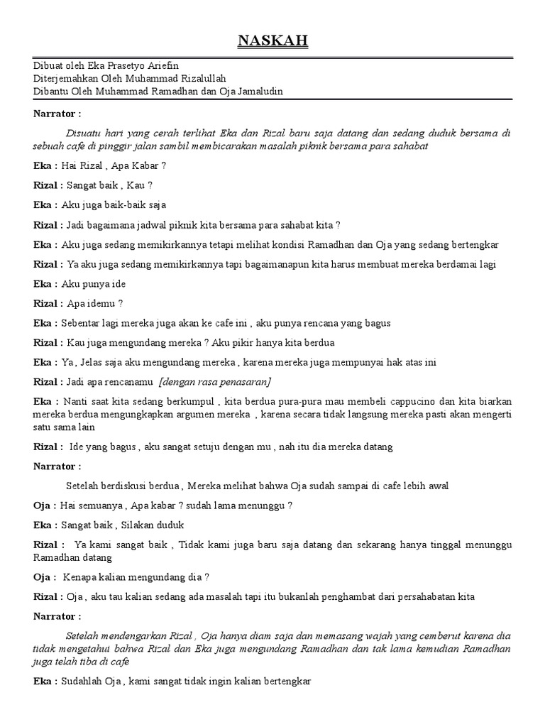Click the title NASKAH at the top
pyautogui.click(x=272, y=42)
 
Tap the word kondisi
pyautogui.click(x=282, y=245)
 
